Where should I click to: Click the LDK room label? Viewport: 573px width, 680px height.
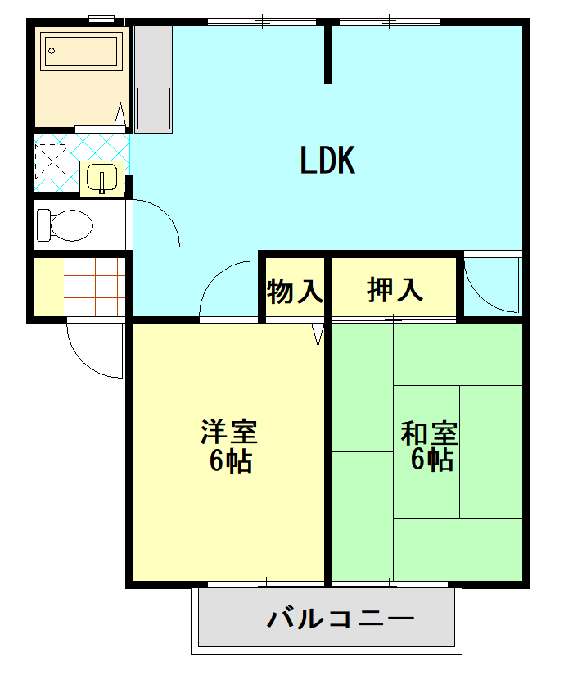pos(327,161)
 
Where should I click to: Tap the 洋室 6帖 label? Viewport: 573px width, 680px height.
pos(230,447)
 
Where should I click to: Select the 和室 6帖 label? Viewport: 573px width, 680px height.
pos(429,447)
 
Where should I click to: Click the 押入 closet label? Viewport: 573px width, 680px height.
pos(395,289)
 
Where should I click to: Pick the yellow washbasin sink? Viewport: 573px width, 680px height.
pos(102,178)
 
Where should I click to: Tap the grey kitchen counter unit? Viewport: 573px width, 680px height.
pos(153,78)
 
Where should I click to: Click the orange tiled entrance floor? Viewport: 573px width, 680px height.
pos(94,286)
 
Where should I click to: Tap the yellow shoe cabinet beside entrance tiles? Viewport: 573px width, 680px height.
pos(49,286)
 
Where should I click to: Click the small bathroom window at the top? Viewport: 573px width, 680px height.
pos(102,18)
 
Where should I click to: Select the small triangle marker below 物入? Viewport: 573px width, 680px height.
pos(319,335)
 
